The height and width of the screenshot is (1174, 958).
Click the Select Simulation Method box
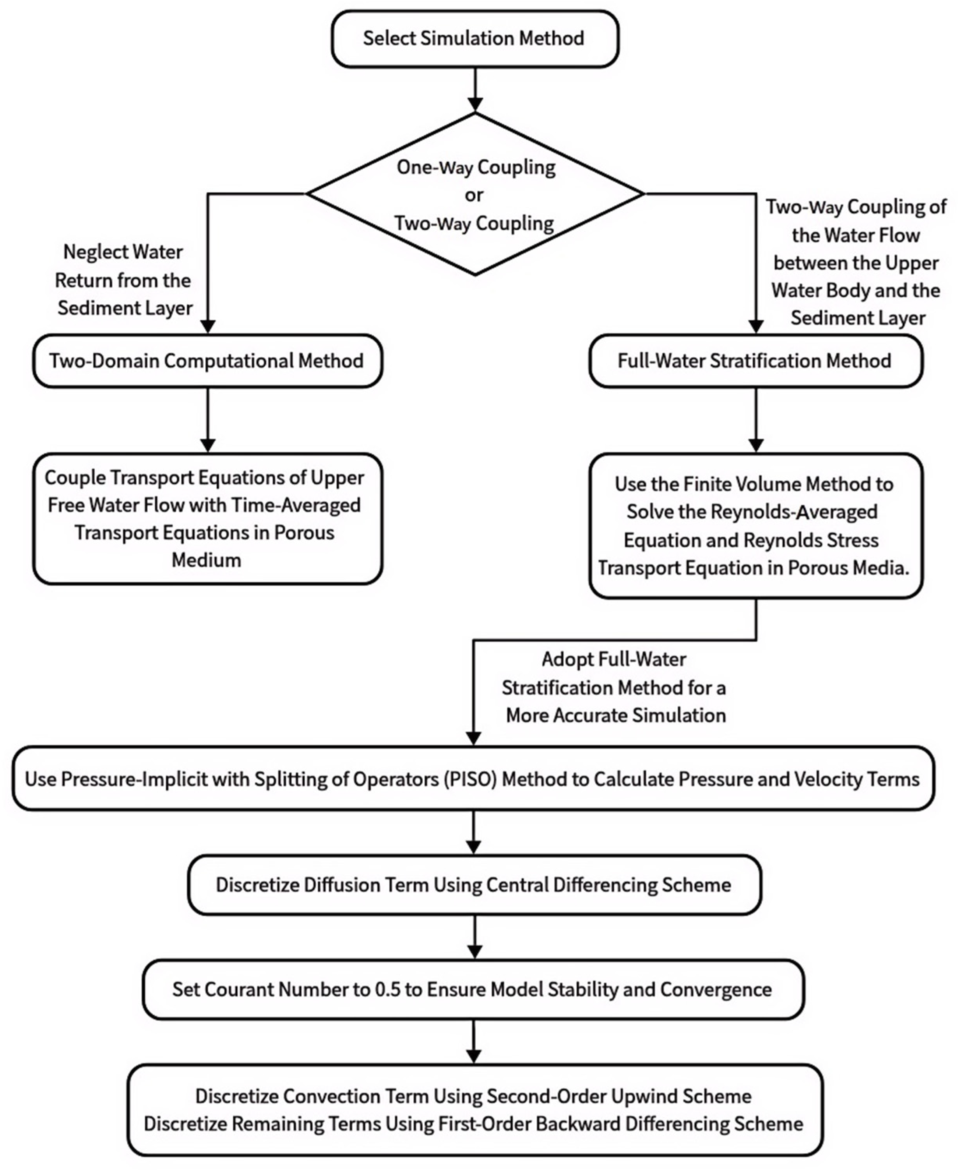(x=475, y=39)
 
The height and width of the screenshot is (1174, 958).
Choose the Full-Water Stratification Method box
(x=755, y=361)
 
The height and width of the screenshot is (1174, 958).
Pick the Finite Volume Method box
(x=755, y=526)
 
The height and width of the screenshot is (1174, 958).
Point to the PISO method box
(x=473, y=779)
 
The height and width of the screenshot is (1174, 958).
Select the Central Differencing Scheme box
(x=473, y=885)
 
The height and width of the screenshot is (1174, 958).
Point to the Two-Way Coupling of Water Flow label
(x=856, y=263)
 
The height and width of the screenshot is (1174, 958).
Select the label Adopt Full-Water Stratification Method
(x=615, y=688)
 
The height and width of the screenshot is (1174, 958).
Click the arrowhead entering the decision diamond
(x=475, y=105)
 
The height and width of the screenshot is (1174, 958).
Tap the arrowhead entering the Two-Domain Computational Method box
(x=208, y=327)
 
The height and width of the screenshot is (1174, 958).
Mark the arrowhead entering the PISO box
(x=473, y=738)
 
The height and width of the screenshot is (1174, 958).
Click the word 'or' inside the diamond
(x=474, y=195)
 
